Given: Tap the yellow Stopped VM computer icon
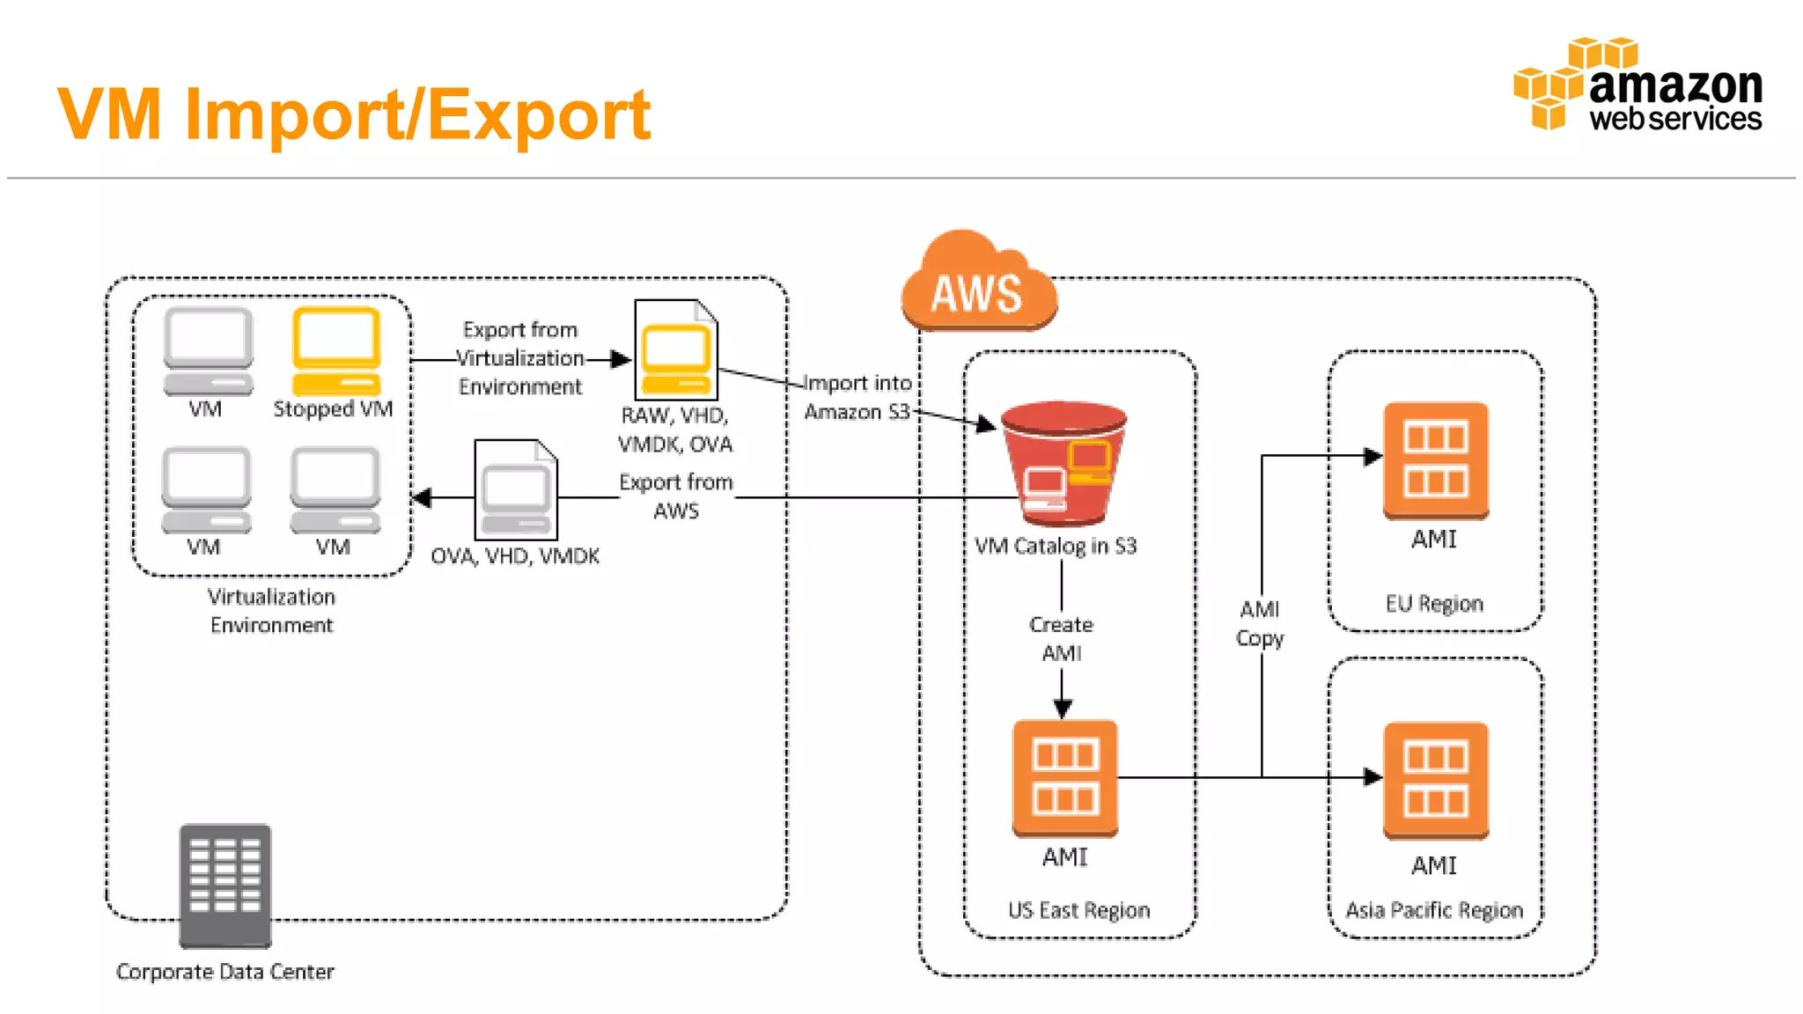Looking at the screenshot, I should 335,351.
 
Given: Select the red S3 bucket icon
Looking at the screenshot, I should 1063,462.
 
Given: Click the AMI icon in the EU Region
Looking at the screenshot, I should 1435,460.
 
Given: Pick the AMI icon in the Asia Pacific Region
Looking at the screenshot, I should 1435,780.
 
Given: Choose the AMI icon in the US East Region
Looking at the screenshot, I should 1064,777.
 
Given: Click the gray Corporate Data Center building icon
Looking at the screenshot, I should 225,885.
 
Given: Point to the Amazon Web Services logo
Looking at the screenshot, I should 1638,85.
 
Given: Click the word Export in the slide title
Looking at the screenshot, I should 539,114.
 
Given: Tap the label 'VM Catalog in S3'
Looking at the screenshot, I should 1056,547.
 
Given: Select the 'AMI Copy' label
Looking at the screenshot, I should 1260,623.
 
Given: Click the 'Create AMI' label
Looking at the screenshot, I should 1061,638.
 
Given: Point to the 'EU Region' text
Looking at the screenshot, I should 1434,604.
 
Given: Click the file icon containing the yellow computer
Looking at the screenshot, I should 676,350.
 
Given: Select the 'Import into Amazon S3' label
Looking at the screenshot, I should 857,397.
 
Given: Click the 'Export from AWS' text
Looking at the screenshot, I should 676,496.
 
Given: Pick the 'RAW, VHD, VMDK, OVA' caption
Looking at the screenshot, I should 675,430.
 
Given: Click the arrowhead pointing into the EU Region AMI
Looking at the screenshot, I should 1372,456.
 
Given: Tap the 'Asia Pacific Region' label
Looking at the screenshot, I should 1434,910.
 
